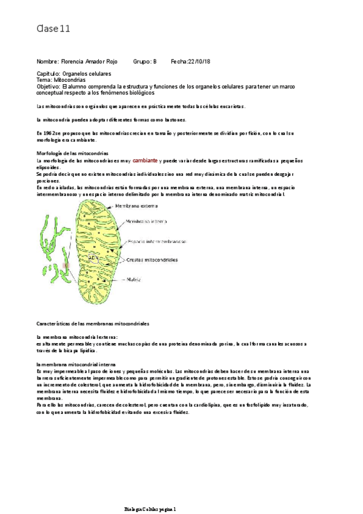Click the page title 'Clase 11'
click(54, 28)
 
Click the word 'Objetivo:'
click(48, 87)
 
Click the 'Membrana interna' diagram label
click(146, 222)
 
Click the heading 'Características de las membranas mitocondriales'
click(93, 324)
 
